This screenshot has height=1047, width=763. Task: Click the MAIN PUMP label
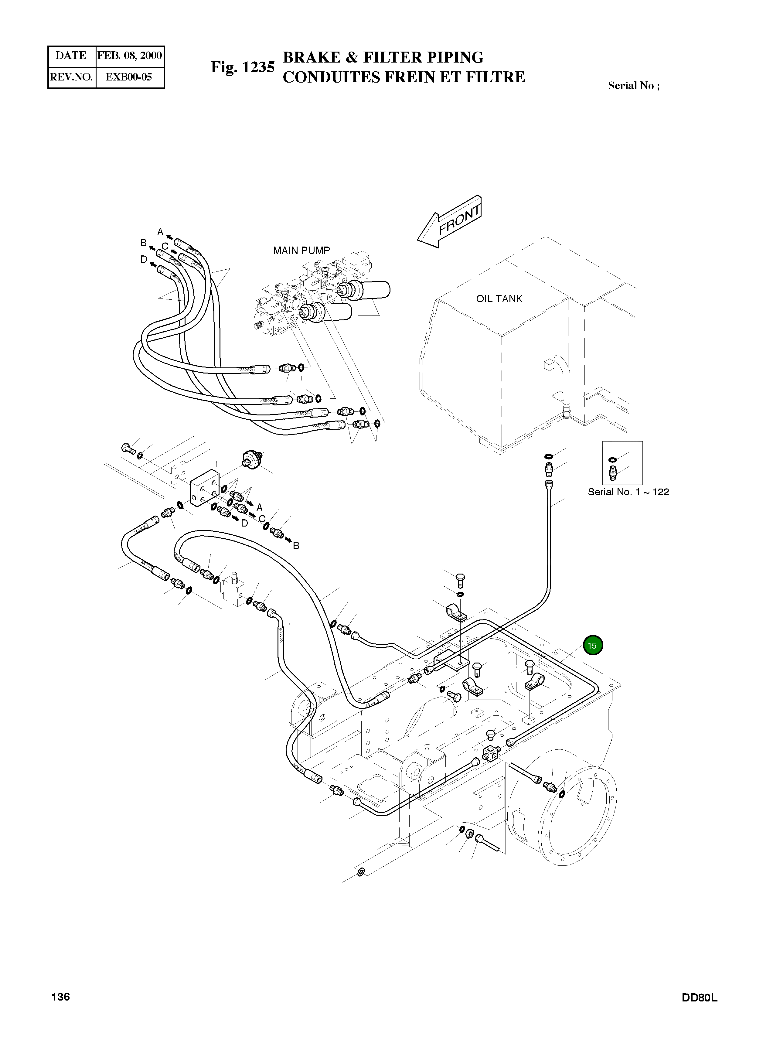coord(301,250)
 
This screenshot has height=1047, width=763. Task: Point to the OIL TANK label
coord(499,299)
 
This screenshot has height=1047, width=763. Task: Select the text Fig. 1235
coord(243,67)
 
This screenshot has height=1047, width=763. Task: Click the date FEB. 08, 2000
coord(130,56)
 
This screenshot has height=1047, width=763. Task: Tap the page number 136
coord(60,1010)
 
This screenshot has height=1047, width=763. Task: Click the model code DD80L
coord(699,1011)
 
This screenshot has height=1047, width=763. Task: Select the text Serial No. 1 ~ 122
coord(628,492)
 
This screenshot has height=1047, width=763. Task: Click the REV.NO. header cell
coord(71,77)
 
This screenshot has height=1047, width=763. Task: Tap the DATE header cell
coord(71,56)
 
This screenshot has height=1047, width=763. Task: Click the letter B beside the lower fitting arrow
coord(296,545)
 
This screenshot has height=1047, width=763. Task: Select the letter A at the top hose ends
coord(160,231)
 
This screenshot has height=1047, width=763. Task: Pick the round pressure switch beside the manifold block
coord(251,459)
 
